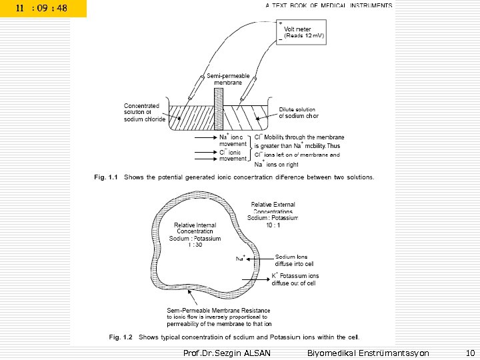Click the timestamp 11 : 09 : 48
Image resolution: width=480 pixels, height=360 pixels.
coord(42,8)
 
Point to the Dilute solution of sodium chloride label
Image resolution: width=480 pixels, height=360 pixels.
coord(298,113)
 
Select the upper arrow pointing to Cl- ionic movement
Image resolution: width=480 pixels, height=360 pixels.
coord(204,151)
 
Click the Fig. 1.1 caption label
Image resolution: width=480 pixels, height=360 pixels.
coord(105,178)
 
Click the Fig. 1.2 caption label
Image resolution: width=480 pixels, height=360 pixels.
coord(105,337)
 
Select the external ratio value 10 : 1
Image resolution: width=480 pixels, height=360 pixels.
coord(273,224)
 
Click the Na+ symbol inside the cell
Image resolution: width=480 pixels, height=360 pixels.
coord(241,257)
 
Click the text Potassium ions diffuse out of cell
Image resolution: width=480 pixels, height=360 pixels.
coord(295,279)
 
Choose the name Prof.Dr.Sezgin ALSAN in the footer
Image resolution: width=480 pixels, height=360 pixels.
coord(226,352)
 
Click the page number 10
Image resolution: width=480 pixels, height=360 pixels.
coord(469,352)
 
